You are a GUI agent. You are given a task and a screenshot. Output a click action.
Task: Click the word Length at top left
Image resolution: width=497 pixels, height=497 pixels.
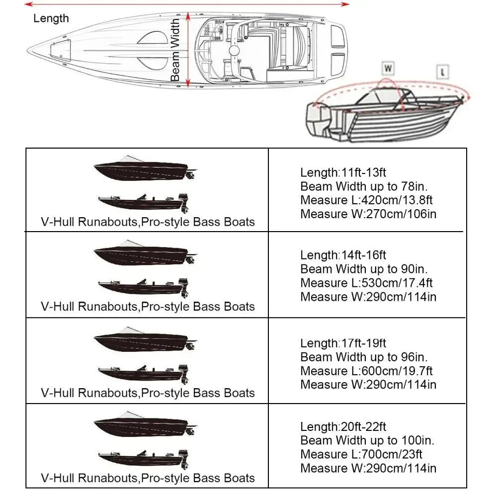51,18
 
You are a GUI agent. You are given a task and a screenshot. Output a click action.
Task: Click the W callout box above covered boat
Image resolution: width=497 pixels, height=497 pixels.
388,68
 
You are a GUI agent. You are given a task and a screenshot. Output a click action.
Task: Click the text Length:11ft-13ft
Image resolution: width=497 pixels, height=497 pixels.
343,173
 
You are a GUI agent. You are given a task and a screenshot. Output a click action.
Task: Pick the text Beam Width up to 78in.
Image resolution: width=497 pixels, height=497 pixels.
364,187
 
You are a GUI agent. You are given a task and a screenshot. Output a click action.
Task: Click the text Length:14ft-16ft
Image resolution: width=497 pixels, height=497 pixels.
343,255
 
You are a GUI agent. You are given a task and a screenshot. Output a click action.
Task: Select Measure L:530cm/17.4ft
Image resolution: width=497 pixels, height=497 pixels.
366,283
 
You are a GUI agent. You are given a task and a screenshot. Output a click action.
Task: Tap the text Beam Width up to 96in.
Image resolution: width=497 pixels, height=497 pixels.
364,357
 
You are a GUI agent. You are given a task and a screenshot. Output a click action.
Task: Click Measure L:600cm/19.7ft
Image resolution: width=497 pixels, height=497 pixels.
366,371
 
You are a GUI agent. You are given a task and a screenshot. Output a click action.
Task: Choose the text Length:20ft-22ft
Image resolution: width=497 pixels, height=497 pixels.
343,426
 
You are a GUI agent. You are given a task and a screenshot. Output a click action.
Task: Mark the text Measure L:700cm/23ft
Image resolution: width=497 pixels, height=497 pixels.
361,454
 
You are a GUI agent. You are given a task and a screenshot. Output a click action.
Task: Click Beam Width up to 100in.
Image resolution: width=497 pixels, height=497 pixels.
367,440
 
